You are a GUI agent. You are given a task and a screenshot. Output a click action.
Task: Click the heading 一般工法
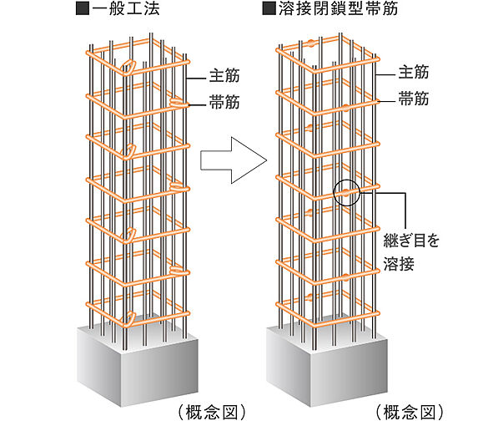coord(126,8)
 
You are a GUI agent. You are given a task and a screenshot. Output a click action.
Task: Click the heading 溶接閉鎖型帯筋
coord(338,8)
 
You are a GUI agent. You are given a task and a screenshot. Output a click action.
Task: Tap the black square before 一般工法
coord(83,9)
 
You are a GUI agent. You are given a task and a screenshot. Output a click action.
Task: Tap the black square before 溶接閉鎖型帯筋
coord(269,9)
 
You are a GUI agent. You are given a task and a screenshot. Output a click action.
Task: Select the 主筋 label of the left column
coord(224,76)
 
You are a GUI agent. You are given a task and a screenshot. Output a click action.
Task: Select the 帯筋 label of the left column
coord(224,102)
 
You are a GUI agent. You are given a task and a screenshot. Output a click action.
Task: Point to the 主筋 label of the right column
coord(414,72)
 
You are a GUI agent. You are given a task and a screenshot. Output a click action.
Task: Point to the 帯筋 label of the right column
coord(414,99)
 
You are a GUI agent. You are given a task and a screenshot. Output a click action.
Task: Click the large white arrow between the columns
coord(234,160)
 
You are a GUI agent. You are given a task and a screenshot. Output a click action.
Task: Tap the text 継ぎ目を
coord(411,241)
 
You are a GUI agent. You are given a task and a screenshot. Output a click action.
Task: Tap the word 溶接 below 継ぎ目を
coord(399,264)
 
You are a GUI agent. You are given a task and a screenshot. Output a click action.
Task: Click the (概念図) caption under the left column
coord(212,412)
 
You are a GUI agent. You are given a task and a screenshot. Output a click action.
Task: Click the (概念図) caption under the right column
coord(410,412)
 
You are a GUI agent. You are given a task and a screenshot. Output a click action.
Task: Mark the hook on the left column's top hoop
coord(128,67)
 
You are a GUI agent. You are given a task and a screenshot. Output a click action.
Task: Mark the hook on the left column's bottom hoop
coord(128,319)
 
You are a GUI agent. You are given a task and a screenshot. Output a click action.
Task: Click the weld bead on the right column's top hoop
coord(311,43)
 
